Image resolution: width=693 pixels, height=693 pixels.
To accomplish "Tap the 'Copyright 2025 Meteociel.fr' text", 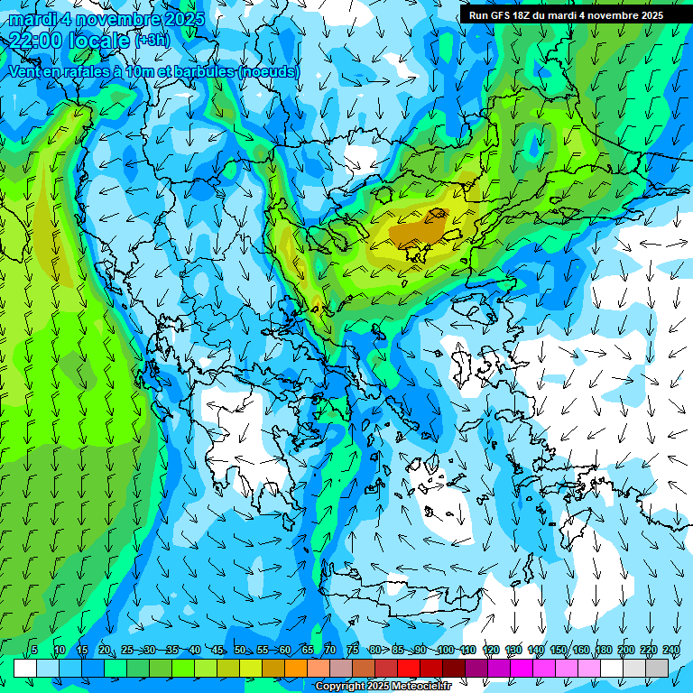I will [383, 687].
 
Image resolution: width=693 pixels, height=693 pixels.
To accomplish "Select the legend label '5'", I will [34, 650].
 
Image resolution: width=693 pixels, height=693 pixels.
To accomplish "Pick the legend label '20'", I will [105, 650].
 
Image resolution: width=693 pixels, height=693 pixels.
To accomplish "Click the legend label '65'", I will [308, 650].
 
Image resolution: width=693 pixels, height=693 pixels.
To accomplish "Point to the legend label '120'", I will [491, 650].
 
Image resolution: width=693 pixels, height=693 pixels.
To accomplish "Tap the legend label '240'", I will [671, 650].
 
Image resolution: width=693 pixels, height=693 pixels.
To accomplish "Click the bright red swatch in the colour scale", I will [409, 667].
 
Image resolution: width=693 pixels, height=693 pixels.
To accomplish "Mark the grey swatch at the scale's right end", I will [657, 667].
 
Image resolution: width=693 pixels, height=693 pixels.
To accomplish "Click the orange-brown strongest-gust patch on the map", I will [417, 232].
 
